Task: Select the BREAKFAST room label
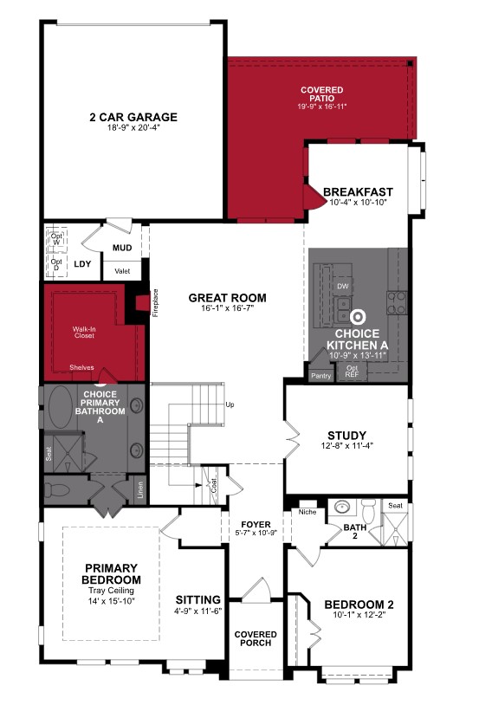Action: click(x=358, y=192)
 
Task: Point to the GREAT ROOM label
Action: click(x=228, y=298)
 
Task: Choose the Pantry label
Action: click(x=321, y=375)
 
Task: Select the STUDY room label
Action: click(x=346, y=435)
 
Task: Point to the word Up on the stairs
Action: click(x=230, y=404)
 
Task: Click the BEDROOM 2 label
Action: click(x=359, y=605)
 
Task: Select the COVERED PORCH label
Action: click(x=256, y=637)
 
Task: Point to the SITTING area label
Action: click(x=198, y=599)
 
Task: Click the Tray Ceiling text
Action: click(x=112, y=591)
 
